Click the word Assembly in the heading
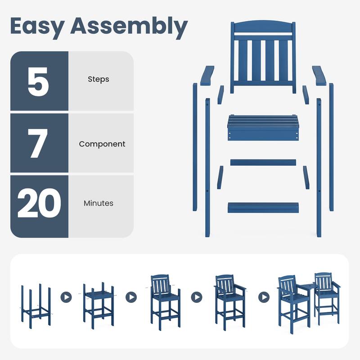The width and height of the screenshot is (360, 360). (129, 27)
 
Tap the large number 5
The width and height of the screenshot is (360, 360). (38, 81)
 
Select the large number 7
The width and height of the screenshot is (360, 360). (38, 143)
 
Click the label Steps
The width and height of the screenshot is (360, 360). (99, 80)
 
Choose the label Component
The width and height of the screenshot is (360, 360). (102, 144)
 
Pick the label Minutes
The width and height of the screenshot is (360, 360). (99, 203)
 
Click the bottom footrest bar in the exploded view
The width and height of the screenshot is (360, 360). (263, 207)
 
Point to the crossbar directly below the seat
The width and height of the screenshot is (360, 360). (263, 162)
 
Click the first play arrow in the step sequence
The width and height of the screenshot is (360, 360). (66, 297)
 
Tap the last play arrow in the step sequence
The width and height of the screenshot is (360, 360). (264, 297)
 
